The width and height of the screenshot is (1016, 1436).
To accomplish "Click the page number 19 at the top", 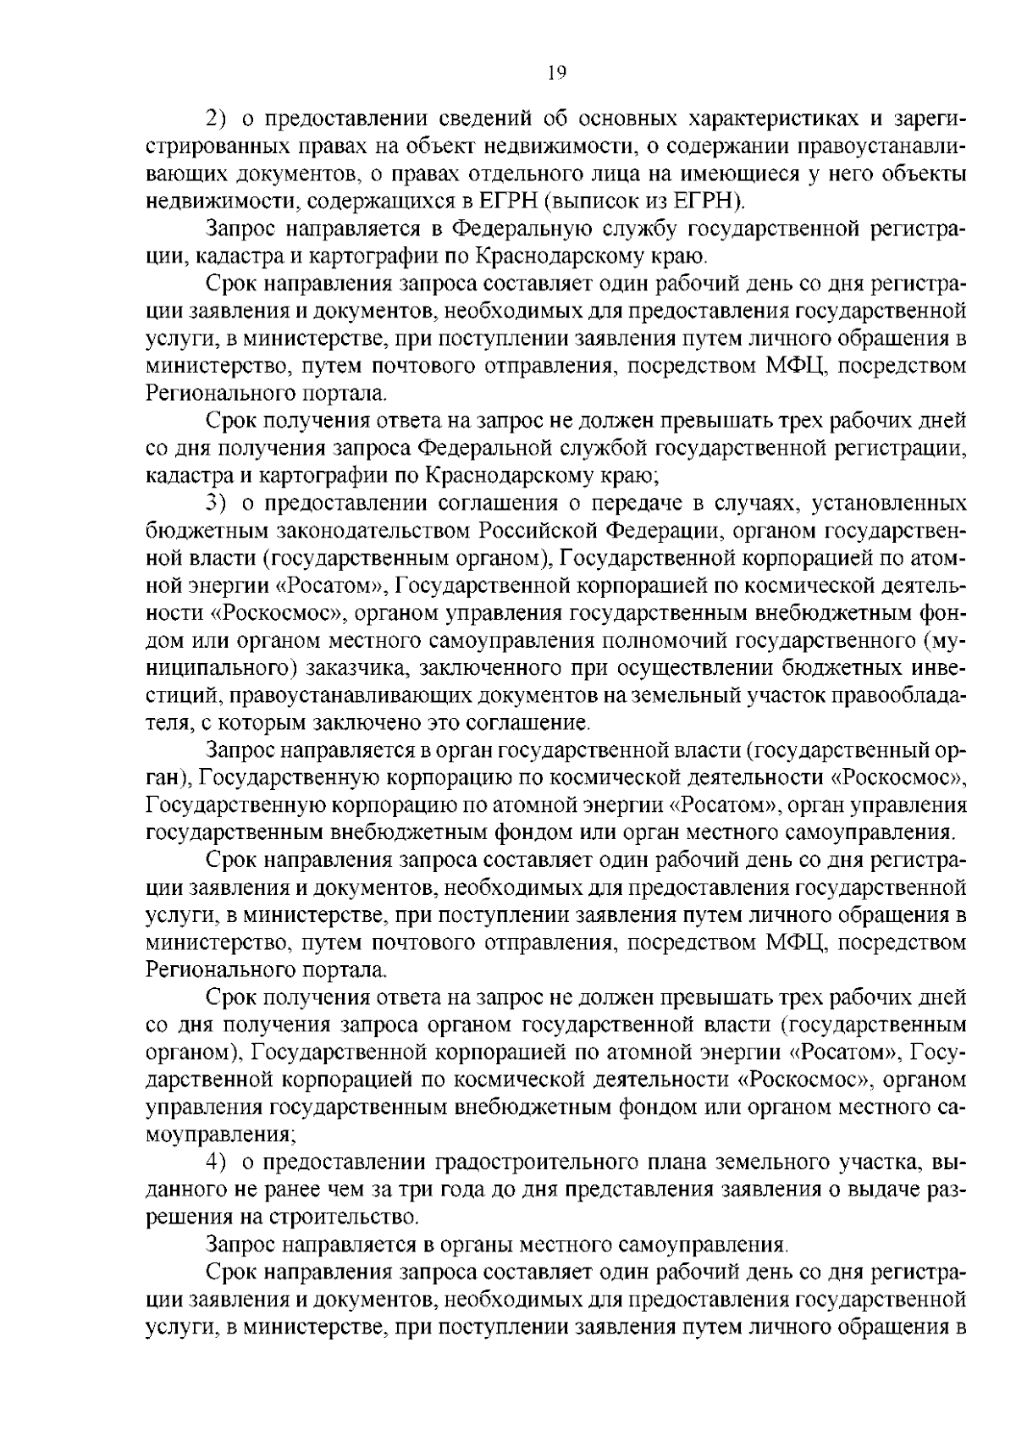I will tap(556, 73).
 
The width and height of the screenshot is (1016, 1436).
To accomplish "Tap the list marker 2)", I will tap(218, 119).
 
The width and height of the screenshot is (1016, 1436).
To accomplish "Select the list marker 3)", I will tap(218, 504).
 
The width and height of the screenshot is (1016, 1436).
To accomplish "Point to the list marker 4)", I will tap(218, 1163).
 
